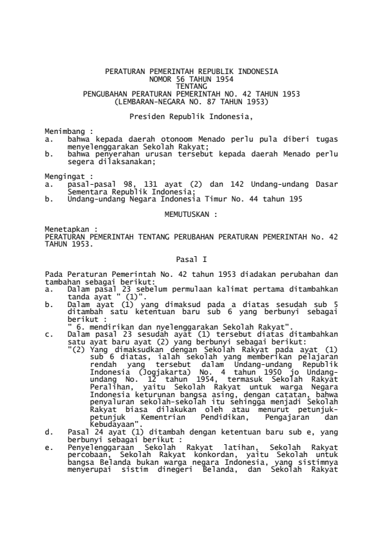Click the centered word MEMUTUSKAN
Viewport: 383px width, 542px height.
pyautogui.click(x=191, y=213)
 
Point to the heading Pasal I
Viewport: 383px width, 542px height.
pyautogui.click(x=191, y=258)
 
